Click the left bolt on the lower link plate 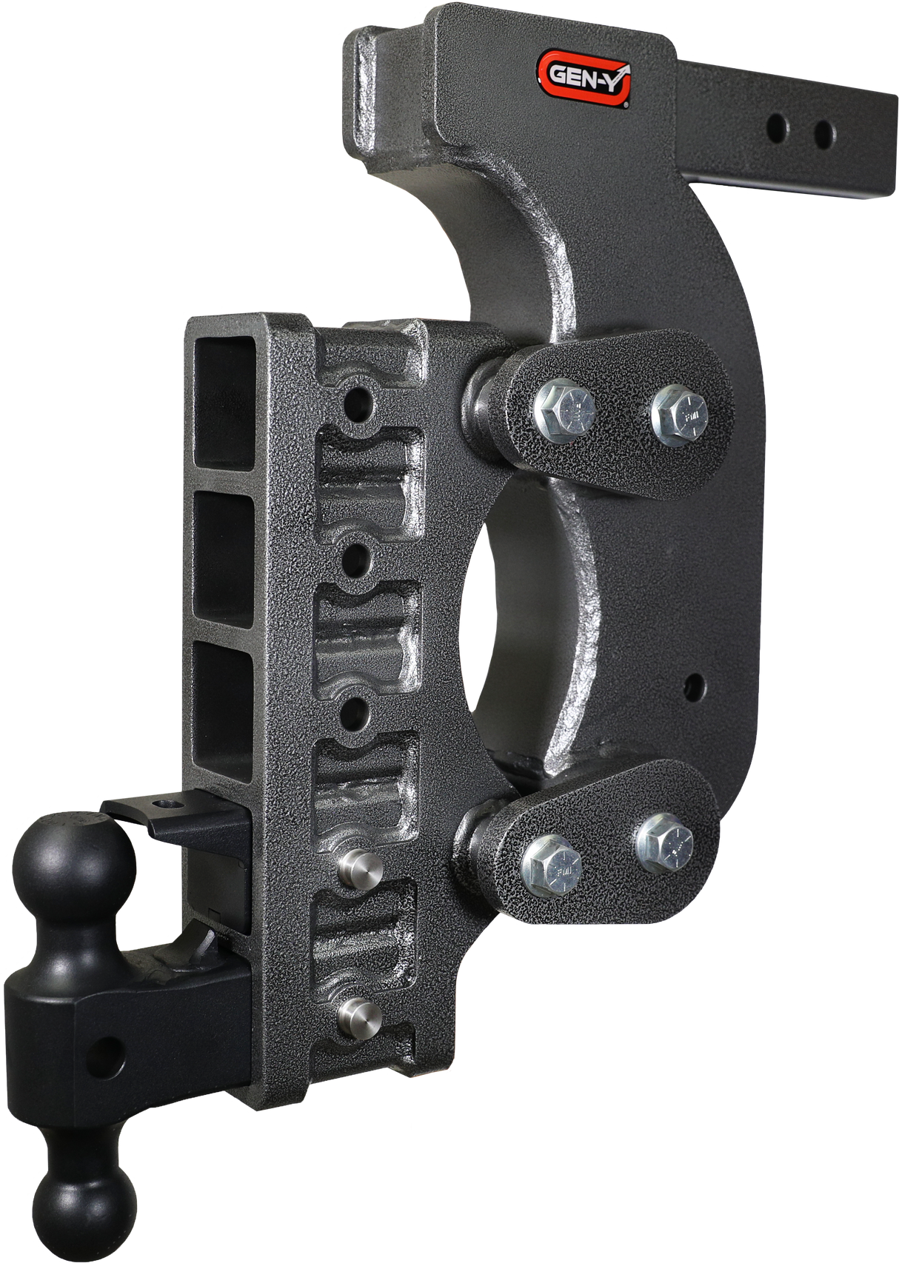point(551,863)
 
